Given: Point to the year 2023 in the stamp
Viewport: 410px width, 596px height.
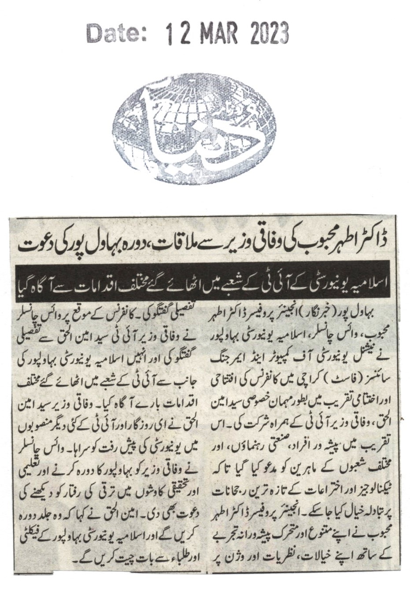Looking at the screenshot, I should (x=269, y=34).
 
